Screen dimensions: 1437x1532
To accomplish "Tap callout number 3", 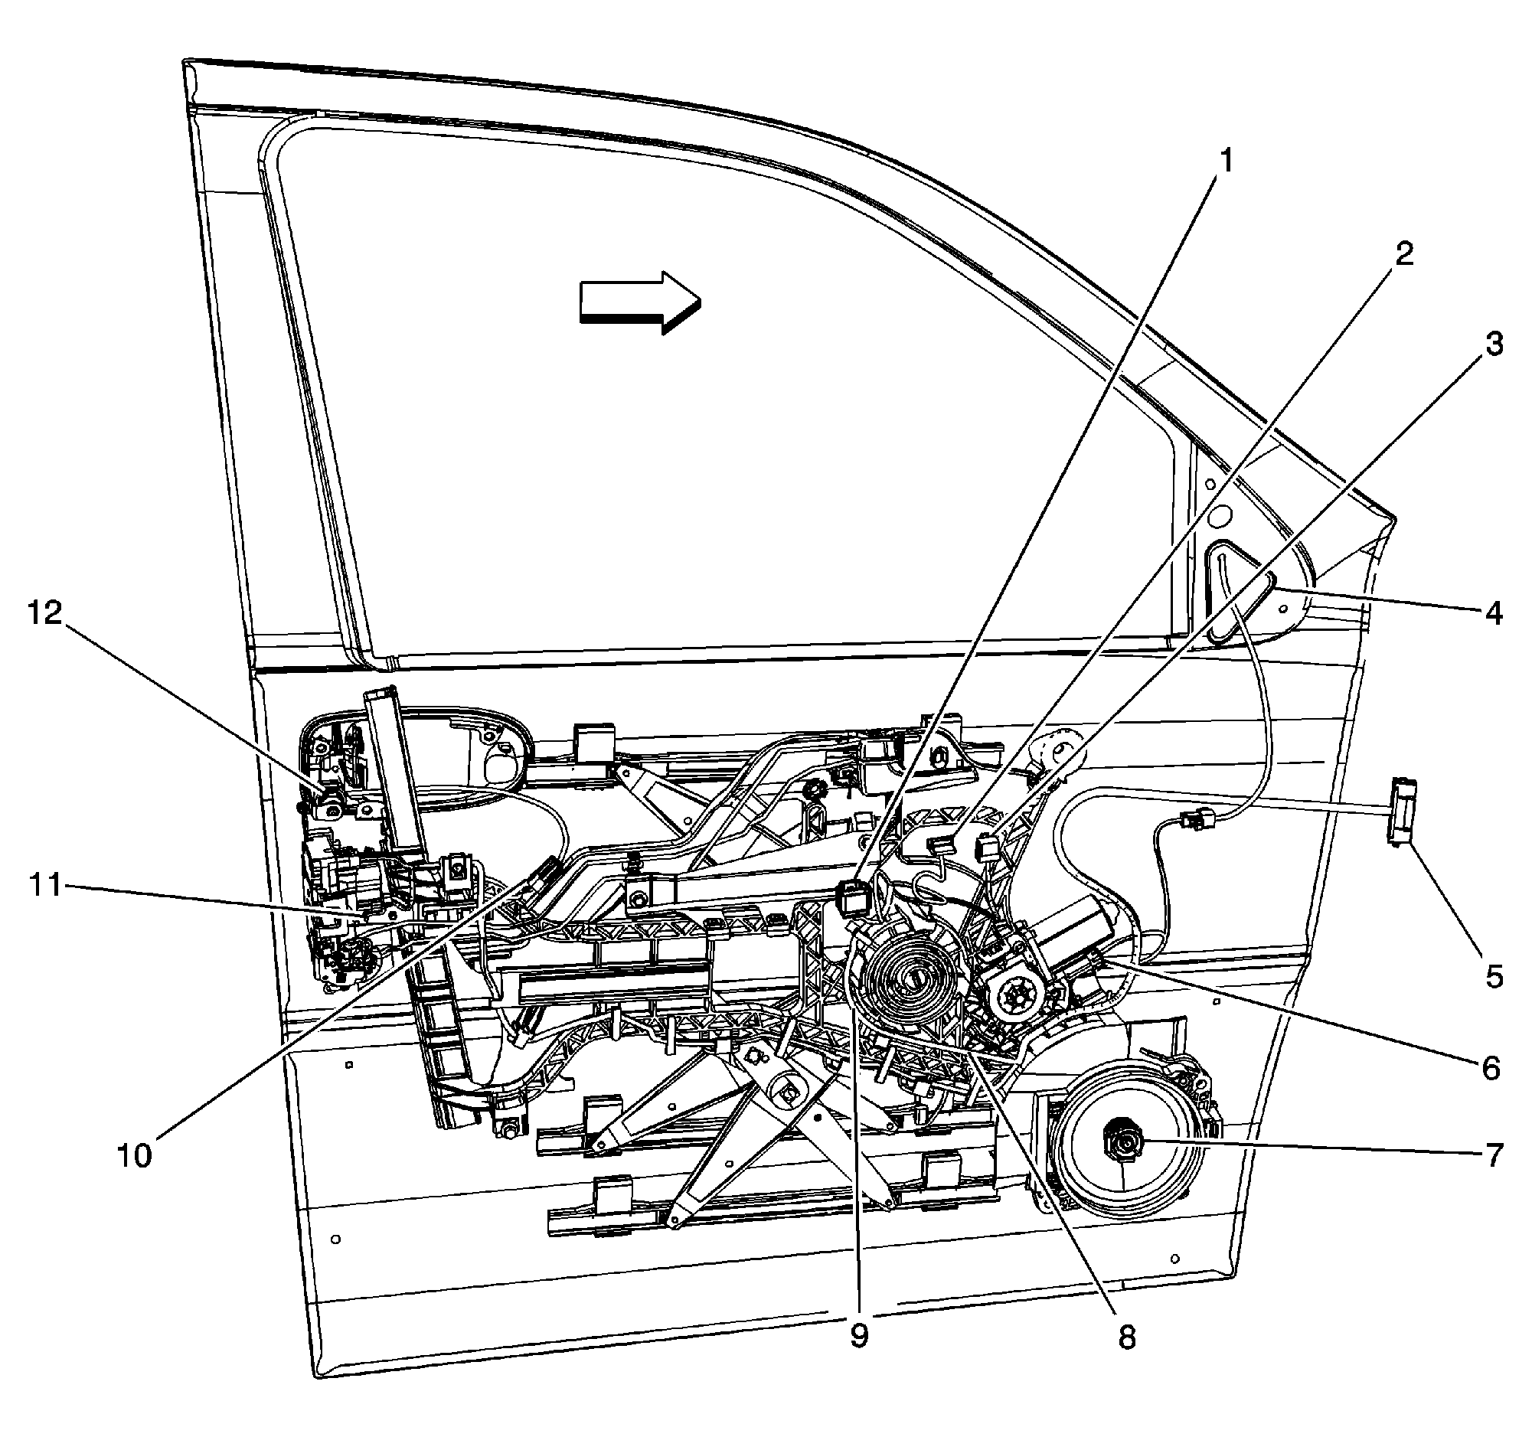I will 1494,345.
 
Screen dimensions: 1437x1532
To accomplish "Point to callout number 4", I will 1494,613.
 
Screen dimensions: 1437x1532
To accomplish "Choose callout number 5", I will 1494,977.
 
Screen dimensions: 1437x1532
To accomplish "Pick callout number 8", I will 1127,1337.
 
